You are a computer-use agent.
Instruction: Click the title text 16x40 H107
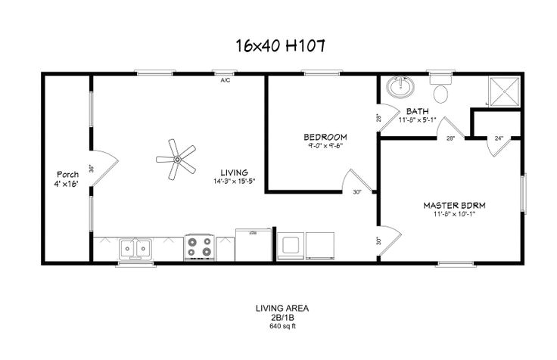pos(280,46)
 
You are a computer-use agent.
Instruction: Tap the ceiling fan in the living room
pos(176,159)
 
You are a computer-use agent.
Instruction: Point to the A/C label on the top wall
pos(225,80)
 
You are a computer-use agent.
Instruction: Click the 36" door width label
pos(91,168)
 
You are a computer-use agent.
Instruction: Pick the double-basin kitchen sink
pos(135,247)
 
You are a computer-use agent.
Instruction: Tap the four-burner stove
pos(199,247)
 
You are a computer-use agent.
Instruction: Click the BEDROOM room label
pos(325,137)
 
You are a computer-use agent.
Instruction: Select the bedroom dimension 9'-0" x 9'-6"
pos(325,146)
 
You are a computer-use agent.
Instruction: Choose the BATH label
pos(418,110)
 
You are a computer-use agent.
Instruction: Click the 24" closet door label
pos(498,138)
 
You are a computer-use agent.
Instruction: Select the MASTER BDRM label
pos(454,205)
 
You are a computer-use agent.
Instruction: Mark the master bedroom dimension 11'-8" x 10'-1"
pos(454,214)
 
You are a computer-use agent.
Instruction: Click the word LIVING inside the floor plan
pos(234,172)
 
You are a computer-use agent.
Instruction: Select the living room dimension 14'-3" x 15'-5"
pos(234,182)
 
